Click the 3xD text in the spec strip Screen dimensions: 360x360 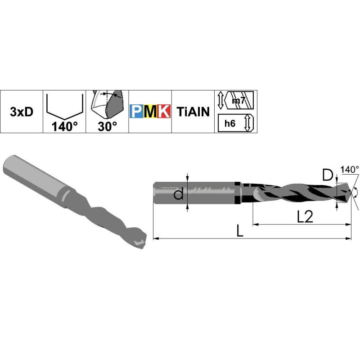[22, 112]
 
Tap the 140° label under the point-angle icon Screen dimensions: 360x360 [64, 126]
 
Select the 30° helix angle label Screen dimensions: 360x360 [107, 126]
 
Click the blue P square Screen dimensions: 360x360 [137, 111]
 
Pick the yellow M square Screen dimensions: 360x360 [150, 111]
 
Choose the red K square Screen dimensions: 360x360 [164, 111]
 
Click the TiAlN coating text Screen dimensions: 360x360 [193, 112]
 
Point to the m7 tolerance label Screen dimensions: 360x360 [239, 100]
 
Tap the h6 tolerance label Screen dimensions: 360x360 [230, 123]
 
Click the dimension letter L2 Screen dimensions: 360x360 [305, 216]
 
